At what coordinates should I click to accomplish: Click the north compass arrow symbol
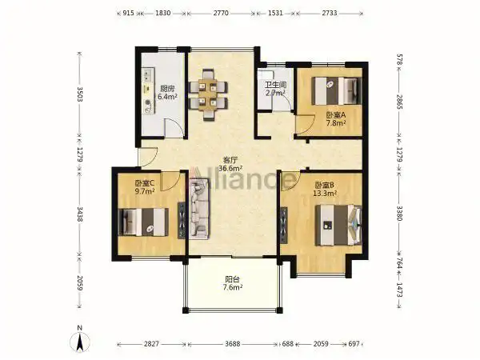[80, 339]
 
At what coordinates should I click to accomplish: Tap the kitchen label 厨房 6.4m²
[167, 93]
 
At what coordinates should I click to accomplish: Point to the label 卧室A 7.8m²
[337, 118]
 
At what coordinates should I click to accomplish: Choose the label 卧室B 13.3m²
[325, 189]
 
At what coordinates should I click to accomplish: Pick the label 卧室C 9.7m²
[145, 187]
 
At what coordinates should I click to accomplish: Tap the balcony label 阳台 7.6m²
[231, 285]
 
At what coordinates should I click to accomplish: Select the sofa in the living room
[198, 207]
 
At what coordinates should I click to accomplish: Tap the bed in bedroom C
[144, 221]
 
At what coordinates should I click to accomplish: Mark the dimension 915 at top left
[126, 14]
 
